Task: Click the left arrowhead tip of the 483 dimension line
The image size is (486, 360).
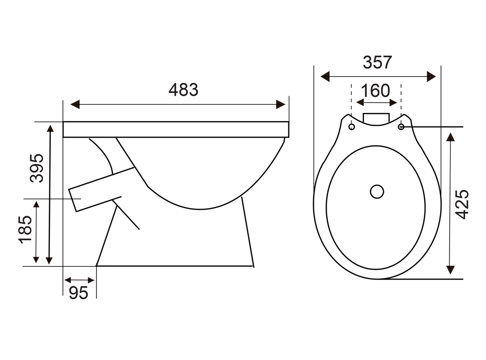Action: point(71,105)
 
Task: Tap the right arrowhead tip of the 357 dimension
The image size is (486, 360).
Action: point(436,76)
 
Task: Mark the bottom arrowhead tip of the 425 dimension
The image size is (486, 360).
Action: point(450,274)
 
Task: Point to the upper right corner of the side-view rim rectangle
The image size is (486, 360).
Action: point(288,122)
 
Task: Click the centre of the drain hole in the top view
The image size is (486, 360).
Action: point(377,191)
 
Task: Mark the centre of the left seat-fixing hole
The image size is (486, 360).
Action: point(352,127)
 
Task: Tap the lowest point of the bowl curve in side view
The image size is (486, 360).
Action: point(200,209)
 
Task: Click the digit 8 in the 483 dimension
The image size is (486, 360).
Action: point(183,90)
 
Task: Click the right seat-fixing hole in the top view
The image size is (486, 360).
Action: point(401,127)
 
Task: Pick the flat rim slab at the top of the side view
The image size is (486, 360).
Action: point(176,129)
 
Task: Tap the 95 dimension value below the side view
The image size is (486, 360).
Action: point(78,293)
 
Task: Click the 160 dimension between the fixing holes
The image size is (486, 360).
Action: point(375,91)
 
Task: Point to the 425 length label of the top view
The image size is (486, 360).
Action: point(462,205)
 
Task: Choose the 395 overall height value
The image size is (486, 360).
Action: point(36,168)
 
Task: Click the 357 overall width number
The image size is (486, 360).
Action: point(377,63)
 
